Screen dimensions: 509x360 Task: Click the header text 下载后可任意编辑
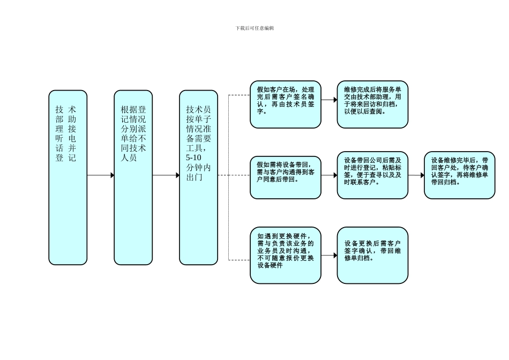tap(254, 28)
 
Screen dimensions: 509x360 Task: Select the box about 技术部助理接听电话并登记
tap(68, 177)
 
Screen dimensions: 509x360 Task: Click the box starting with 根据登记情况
tap(133, 177)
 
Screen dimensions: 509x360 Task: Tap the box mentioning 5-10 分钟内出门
tap(198, 177)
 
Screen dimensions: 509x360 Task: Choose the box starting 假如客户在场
tap(285, 104)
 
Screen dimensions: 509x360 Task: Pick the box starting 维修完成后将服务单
tap(372, 104)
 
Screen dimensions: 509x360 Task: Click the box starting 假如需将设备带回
tap(285, 177)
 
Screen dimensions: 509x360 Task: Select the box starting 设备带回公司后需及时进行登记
tap(372, 175)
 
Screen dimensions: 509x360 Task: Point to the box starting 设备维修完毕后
tap(459, 175)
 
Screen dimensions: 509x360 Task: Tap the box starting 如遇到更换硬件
tap(285, 255)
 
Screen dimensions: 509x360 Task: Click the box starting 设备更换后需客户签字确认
tap(372, 255)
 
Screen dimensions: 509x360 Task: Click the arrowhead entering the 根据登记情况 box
tap(112, 175)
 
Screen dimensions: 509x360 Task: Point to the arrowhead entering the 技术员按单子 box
tap(177, 175)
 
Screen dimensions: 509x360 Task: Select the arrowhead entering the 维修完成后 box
tap(335, 100)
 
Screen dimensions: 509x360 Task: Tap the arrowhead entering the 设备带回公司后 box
tap(335, 175)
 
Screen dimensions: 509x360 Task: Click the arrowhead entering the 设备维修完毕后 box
tap(422, 175)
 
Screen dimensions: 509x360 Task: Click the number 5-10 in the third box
tap(193, 159)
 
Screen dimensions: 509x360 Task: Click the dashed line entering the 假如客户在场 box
tap(239, 95)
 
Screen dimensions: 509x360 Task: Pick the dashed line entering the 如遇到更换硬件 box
tap(239, 260)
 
